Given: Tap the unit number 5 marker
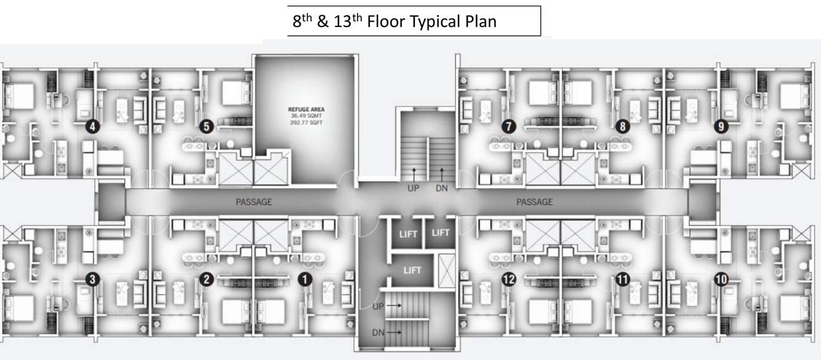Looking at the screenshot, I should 206,127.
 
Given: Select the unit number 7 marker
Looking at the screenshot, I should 508,127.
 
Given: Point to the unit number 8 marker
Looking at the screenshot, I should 623,127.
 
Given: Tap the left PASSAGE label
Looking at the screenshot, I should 254,202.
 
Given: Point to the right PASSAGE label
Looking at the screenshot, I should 535,202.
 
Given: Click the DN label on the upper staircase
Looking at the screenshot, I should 441,189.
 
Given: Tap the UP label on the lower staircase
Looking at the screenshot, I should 378,305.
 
